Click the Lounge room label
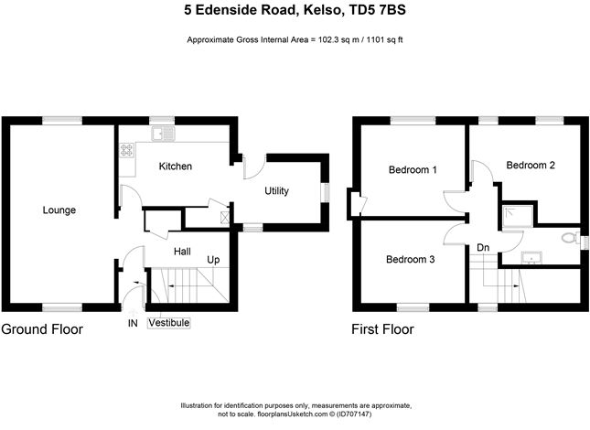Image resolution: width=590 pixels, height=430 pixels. [x=59, y=210]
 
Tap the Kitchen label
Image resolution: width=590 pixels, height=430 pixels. [x=176, y=167]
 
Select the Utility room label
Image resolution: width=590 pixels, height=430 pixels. [x=276, y=190]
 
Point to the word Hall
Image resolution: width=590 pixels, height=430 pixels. [x=182, y=252]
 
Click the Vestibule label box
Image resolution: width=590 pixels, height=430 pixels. [x=169, y=323]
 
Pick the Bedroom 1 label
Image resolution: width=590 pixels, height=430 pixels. [x=413, y=169]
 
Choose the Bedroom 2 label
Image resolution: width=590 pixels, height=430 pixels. [x=531, y=166]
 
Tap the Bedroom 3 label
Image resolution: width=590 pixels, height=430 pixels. [x=410, y=259]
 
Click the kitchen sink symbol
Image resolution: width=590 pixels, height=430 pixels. [x=163, y=134]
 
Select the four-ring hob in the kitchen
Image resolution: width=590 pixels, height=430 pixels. [x=127, y=150]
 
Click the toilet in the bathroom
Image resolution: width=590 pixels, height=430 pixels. [x=571, y=238]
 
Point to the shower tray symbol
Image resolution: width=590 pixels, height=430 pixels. [x=518, y=216]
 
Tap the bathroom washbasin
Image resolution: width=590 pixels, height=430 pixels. [x=531, y=258]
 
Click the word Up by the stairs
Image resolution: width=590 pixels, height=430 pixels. [x=213, y=260]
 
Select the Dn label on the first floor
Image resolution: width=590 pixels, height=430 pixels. [x=483, y=248]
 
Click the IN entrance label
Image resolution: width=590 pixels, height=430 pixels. [x=133, y=323]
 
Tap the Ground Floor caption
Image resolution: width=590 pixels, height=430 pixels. [x=42, y=329]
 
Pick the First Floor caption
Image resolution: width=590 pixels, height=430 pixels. [x=382, y=329]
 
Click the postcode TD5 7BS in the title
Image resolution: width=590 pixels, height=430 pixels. [x=378, y=10]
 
